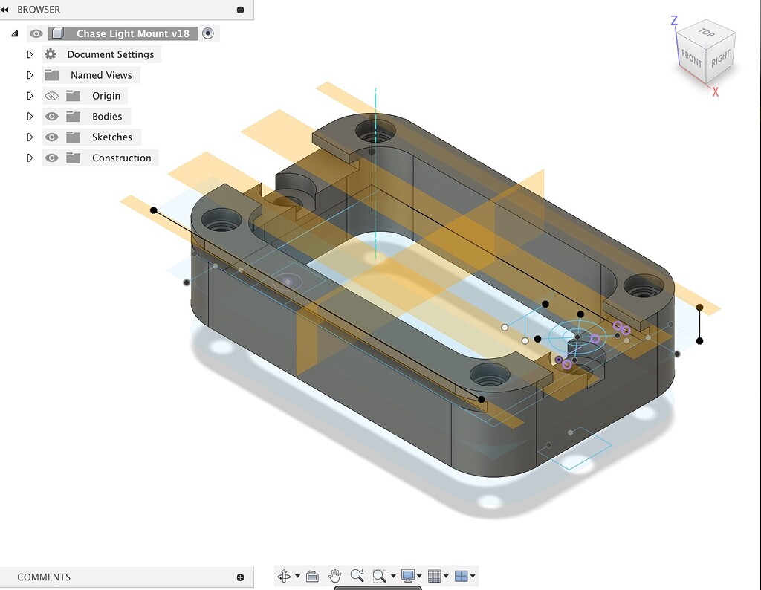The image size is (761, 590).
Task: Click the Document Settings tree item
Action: point(110,54)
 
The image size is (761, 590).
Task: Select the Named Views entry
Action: point(101,75)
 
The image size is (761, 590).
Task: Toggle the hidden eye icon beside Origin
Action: point(51,96)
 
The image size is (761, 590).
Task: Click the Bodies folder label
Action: point(107,117)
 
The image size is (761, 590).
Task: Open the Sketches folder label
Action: point(112,137)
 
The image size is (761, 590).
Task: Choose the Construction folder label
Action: point(121,158)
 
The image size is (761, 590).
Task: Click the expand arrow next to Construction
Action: point(30,158)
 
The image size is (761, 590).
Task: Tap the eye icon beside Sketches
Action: point(51,137)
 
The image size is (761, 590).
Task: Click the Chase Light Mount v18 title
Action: point(133,33)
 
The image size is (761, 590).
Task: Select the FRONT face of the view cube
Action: point(691,58)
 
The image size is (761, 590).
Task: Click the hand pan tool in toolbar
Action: point(335,576)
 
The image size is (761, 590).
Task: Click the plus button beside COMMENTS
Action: point(240,577)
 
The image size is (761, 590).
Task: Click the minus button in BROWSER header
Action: point(240,10)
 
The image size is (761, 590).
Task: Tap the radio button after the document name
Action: point(208,33)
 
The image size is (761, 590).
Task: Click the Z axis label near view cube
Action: point(674,21)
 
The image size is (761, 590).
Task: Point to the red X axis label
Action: point(716,92)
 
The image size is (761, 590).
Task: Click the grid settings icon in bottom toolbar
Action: point(435,576)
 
